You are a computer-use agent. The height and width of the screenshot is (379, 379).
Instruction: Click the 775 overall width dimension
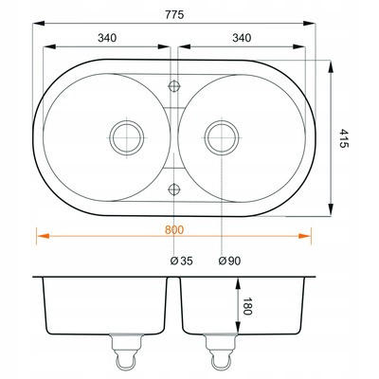174,14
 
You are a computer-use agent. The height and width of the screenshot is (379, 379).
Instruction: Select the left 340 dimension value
107,38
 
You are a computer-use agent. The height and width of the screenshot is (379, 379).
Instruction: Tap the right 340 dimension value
242,38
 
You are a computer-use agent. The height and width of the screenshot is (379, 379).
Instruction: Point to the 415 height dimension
343,138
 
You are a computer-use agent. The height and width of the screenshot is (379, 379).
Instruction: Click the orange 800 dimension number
174,230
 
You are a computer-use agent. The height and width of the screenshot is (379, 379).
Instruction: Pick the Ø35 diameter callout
181,261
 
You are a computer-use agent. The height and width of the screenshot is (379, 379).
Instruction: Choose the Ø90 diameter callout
229,261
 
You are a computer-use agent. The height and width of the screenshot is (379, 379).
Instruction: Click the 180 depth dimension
247,306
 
